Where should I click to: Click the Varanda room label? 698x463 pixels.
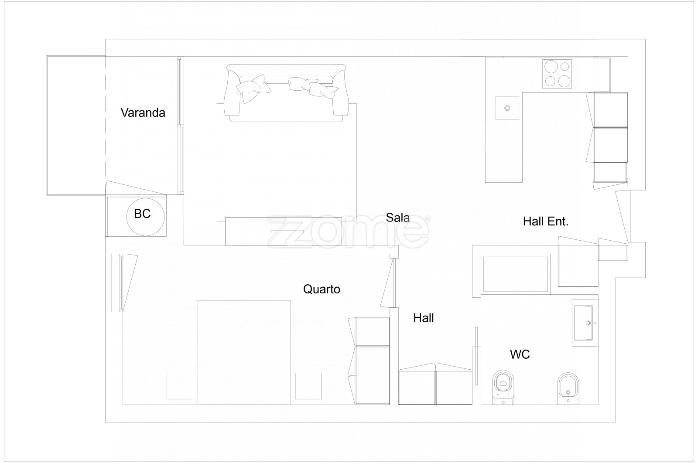(143, 113)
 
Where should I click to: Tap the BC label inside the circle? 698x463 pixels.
(142, 214)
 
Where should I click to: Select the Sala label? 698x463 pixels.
(397, 218)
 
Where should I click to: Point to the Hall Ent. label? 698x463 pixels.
(546, 221)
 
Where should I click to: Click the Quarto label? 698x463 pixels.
(322, 289)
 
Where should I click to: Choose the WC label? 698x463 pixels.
(520, 354)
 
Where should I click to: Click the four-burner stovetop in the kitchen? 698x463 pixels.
(557, 74)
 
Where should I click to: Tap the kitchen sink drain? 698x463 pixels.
(507, 108)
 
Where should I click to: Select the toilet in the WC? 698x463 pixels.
(503, 387)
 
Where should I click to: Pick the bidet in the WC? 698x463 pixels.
(568, 388)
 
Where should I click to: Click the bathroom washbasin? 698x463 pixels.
(583, 323)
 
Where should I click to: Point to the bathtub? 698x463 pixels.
(516, 274)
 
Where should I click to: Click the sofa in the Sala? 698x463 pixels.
(286, 93)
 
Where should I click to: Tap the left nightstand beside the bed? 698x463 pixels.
(180, 386)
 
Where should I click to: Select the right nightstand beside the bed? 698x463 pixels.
(308, 386)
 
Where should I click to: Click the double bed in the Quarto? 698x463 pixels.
(244, 352)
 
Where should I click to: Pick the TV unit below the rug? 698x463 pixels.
(284, 231)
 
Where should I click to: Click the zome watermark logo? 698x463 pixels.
(349, 231)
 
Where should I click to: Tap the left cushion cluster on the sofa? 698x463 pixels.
(253, 88)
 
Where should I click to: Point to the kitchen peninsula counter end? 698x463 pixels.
(504, 174)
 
